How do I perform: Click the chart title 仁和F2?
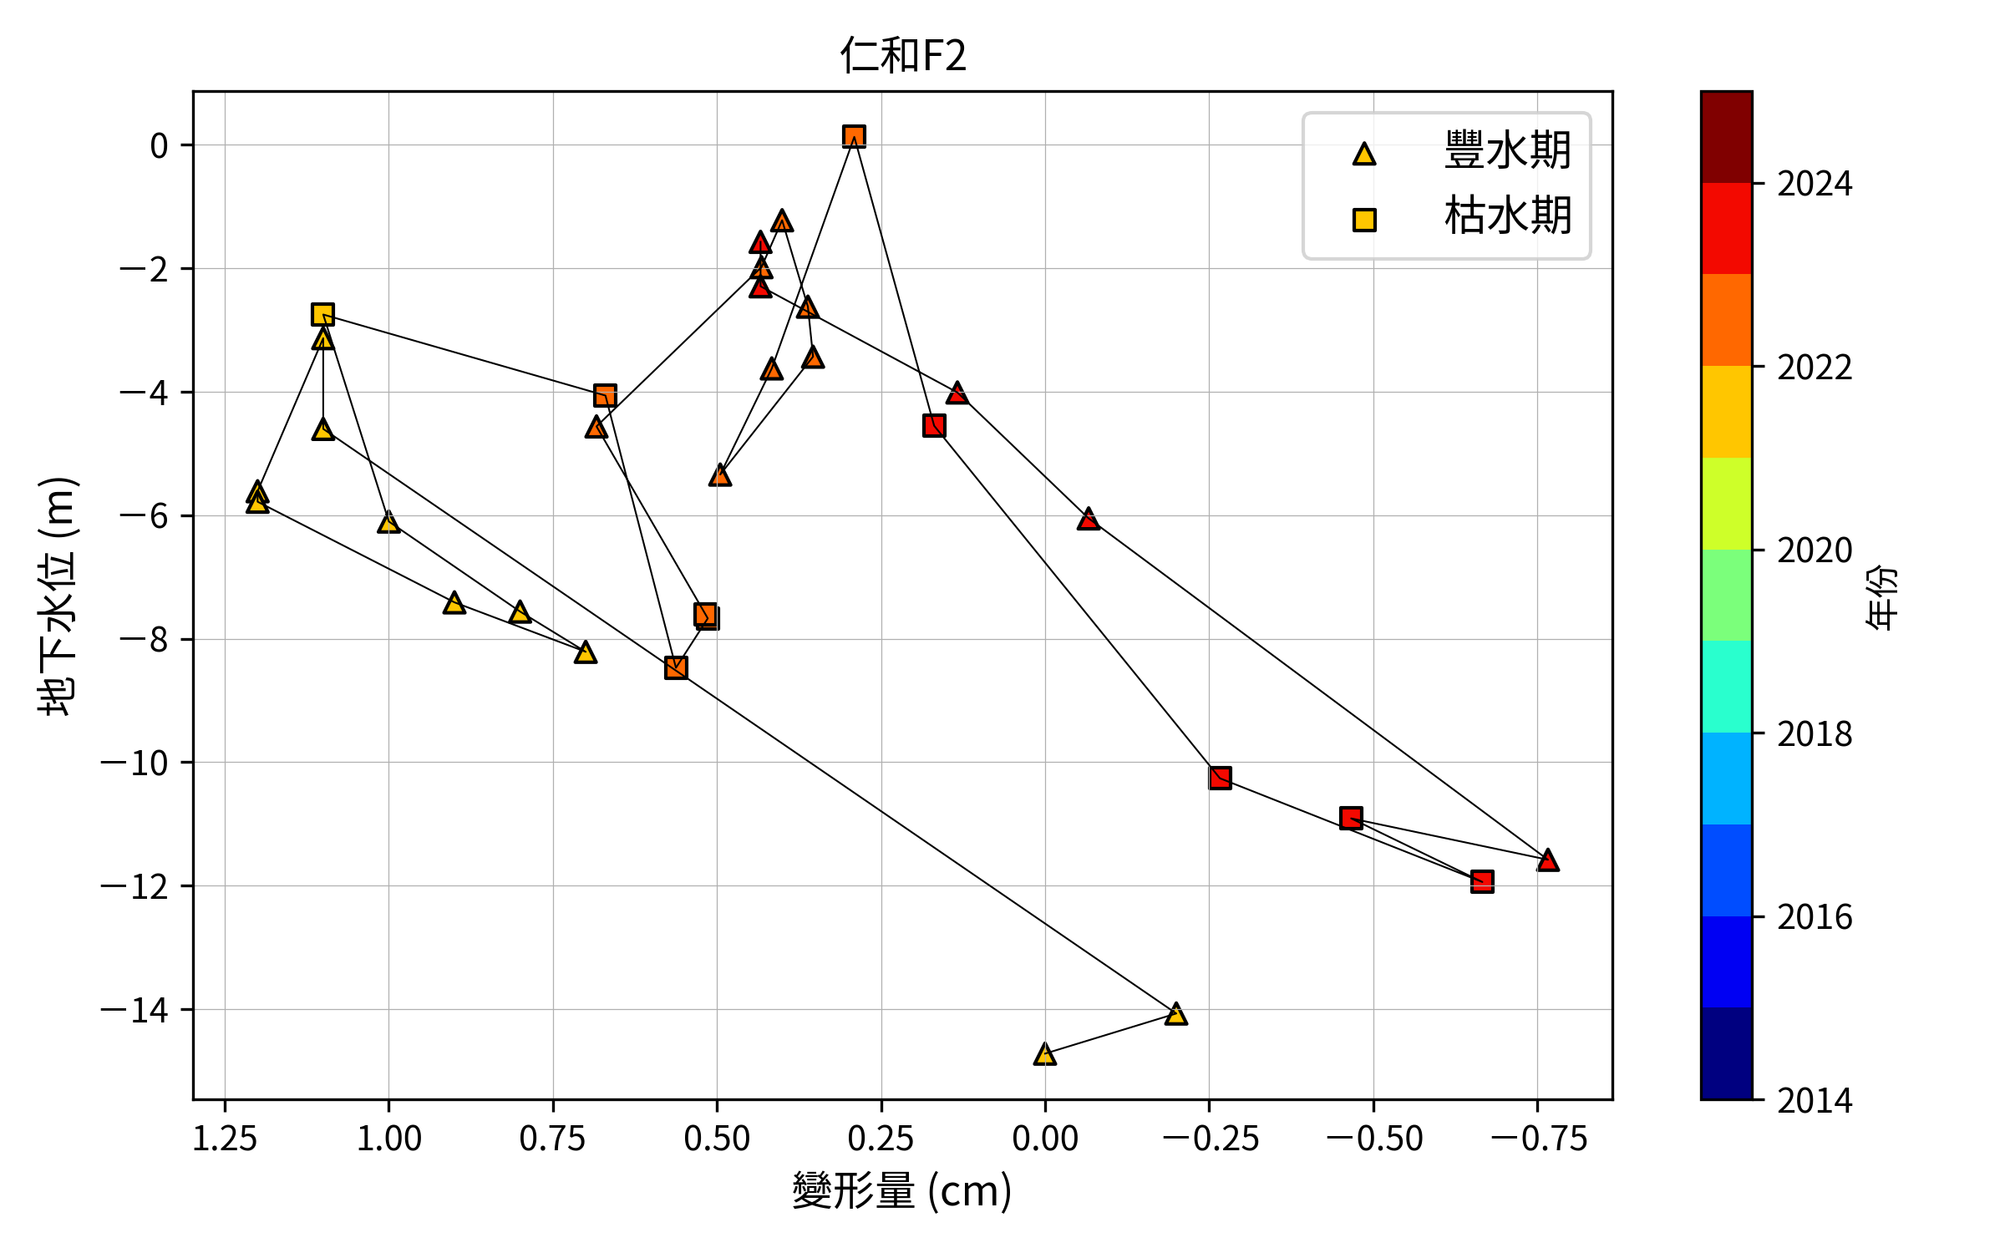[903, 56]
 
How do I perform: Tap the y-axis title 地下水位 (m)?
[58, 596]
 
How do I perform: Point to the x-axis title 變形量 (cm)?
[902, 1190]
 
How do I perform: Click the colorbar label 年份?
[1881, 596]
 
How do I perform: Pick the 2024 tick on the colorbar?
[1814, 184]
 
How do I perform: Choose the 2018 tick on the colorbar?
[1814, 734]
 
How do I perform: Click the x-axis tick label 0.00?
[1044, 1139]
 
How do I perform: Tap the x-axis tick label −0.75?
[1538, 1139]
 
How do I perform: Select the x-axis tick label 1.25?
[225, 1139]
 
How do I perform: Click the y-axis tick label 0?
[159, 146]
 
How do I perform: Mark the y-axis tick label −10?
[134, 763]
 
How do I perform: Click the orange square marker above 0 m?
[854, 136]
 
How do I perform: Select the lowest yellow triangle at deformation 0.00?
[1044, 1054]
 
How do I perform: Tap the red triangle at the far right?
[1548, 860]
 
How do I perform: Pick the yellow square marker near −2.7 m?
[322, 314]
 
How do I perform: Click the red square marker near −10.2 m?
[1220, 778]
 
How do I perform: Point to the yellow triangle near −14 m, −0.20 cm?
[1175, 1014]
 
